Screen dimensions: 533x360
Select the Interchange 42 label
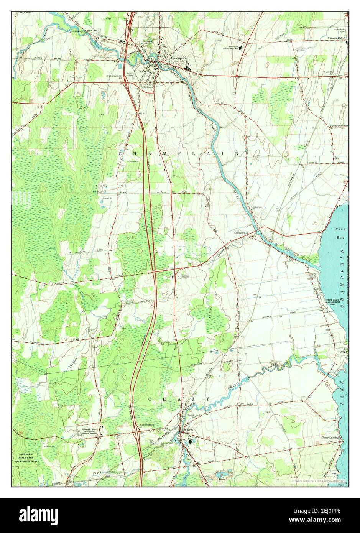point(114,76)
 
